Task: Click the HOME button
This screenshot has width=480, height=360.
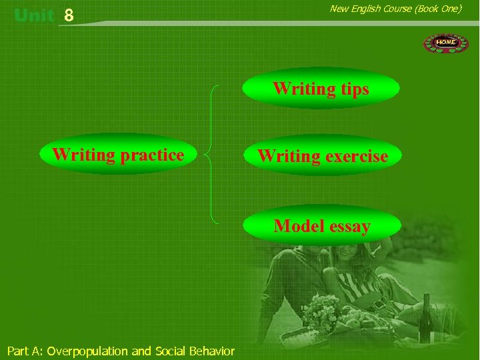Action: tap(446, 43)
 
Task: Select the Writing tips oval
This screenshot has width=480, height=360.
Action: tap(321, 89)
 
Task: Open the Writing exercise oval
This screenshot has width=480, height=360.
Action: tap(322, 156)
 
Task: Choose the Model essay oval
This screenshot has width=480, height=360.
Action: tap(322, 226)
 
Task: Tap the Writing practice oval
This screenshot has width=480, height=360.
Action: tap(118, 155)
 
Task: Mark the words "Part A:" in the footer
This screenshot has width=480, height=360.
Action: tap(25, 351)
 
